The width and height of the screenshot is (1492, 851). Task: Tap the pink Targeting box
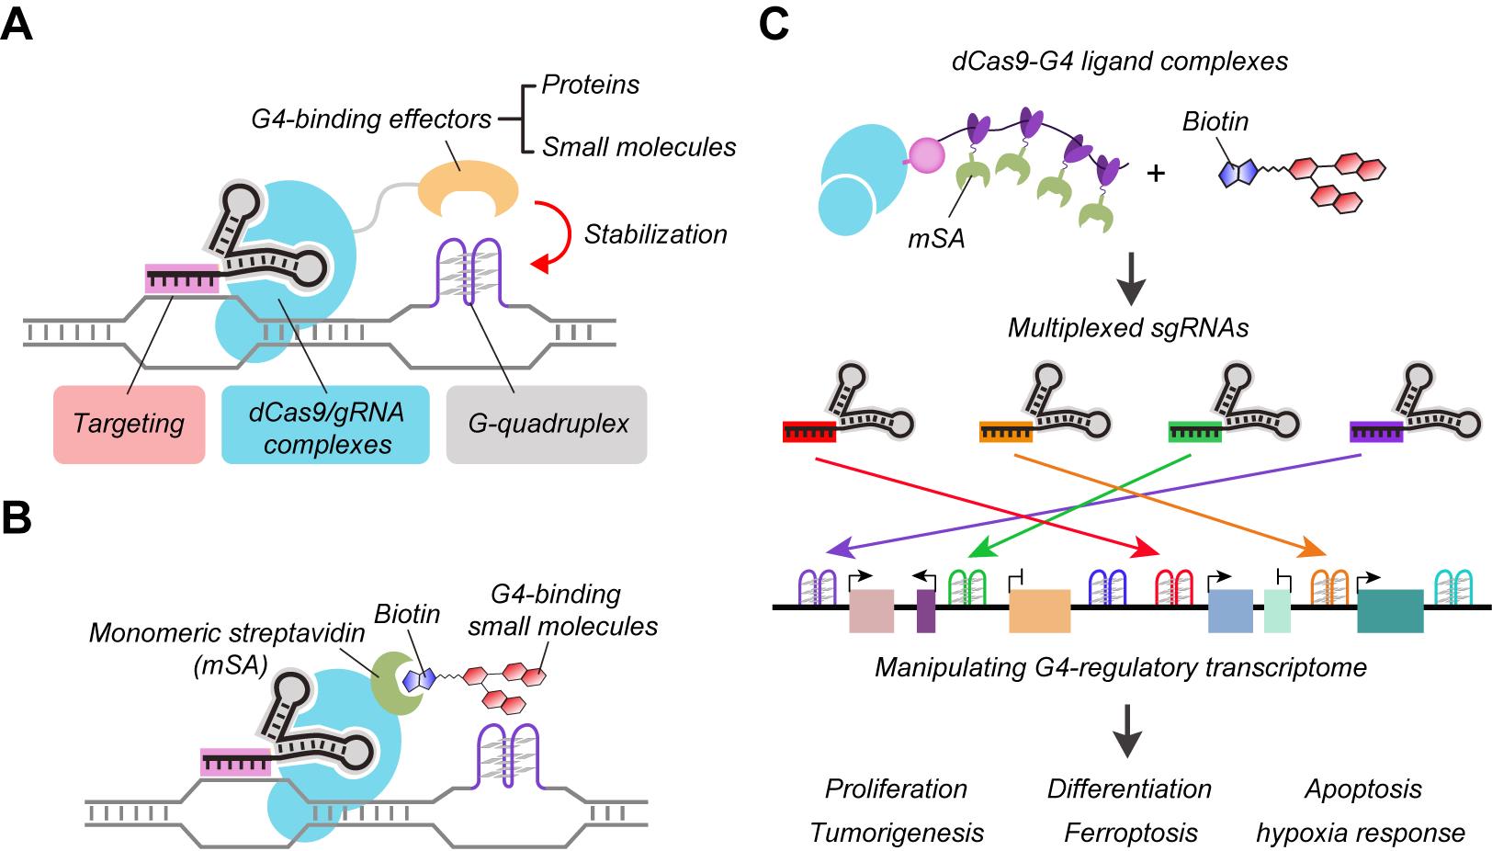129,424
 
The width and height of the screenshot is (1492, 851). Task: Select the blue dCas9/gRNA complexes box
325,424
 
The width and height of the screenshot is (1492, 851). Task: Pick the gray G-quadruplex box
547,424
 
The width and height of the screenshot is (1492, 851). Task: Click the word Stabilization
655,234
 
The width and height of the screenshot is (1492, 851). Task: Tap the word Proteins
590,85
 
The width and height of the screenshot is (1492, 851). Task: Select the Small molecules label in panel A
639,147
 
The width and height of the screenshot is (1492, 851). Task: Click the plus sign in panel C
1156,173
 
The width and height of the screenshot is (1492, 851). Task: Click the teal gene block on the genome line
1390,611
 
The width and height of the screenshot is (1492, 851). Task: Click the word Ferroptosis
1130,833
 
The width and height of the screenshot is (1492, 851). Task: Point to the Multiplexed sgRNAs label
1128,328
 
